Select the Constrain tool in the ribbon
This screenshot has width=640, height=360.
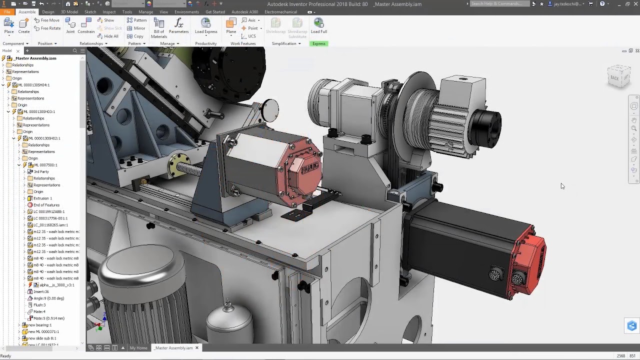click(86, 25)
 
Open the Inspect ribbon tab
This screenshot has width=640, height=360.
click(109, 12)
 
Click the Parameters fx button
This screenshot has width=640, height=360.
click(178, 25)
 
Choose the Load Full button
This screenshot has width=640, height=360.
click(318, 25)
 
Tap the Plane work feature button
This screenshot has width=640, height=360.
click(231, 25)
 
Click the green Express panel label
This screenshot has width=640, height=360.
click(318, 43)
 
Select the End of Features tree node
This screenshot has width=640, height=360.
click(46, 205)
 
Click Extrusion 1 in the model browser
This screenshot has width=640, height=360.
click(42, 198)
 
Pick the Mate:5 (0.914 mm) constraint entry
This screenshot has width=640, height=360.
click(48, 318)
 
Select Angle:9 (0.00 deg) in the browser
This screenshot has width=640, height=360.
click(48, 298)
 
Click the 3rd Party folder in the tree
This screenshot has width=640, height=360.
click(41, 171)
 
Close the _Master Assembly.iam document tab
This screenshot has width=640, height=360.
click(197, 348)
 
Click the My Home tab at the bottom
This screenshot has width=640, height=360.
click(138, 348)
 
